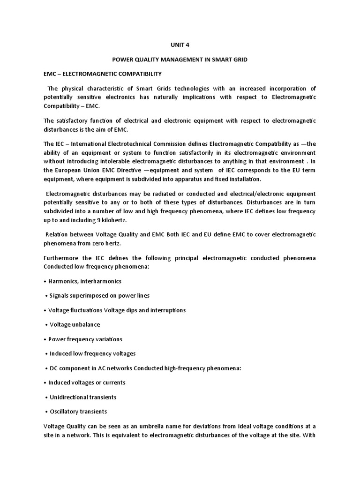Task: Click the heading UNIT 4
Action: pyautogui.click(x=180, y=45)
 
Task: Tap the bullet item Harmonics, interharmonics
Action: pyautogui.click(x=85, y=281)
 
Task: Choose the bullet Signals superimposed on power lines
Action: pyautogui.click(x=99, y=296)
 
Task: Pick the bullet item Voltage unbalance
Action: pyautogui.click(x=75, y=324)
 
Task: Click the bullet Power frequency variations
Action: pyautogui.click(x=85, y=339)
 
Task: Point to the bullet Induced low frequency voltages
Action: pyautogui.click(x=92, y=353)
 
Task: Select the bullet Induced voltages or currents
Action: pyautogui.click(x=87, y=382)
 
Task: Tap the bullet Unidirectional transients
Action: pyautogui.click(x=83, y=397)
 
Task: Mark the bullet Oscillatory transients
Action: pyautogui.click(x=78, y=412)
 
